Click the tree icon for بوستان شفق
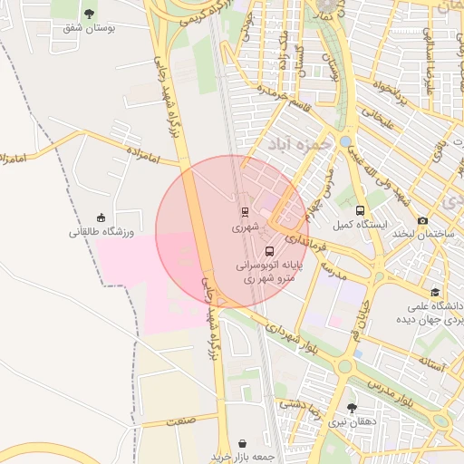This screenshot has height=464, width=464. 89,13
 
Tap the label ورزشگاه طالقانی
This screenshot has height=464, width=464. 101,232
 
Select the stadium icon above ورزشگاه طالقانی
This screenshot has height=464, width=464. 101,217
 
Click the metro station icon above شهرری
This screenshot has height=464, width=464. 245,212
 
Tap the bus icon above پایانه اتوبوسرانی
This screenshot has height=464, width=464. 269,251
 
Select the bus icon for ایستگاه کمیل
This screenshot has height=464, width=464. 361,210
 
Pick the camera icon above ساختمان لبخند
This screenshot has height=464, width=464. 422,220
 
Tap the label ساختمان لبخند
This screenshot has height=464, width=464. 422,234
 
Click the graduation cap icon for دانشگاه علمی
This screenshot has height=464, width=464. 436,292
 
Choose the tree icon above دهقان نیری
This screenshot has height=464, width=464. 352,408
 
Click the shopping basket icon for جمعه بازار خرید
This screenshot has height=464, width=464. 242,443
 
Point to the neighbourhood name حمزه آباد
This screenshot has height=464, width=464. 295,144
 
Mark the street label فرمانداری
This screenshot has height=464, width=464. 303,240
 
